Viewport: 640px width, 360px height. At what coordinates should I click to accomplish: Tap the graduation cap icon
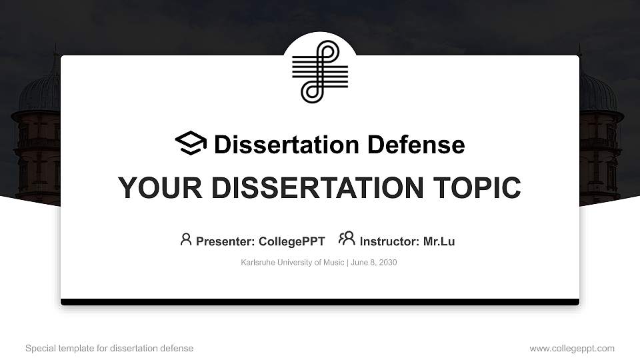click(191, 143)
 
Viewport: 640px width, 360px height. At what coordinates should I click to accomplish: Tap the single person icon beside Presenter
click(186, 239)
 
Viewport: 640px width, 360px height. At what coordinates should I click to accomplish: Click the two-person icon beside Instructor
click(347, 239)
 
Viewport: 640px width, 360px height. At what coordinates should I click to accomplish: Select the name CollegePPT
click(291, 241)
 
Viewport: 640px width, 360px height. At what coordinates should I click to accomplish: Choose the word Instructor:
click(390, 241)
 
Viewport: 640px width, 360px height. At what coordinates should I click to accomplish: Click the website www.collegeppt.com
click(572, 348)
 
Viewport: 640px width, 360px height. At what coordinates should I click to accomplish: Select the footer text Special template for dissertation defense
click(109, 348)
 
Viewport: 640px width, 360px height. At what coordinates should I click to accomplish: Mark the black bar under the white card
click(320, 302)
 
